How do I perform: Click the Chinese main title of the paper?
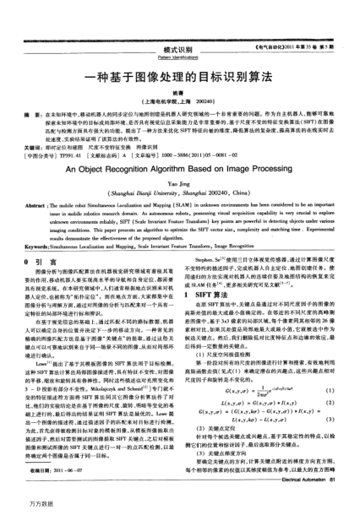pyautogui.click(x=179, y=74)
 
